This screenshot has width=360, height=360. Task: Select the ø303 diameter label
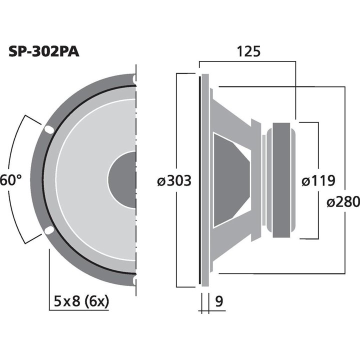click(x=174, y=180)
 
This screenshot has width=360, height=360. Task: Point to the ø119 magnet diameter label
click(x=318, y=180)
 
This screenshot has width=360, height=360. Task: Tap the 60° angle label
click(x=10, y=179)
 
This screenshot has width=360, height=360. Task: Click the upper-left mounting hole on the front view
click(x=49, y=129)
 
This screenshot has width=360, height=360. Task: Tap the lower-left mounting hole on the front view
click(x=49, y=230)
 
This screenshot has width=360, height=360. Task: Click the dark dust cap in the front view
click(x=123, y=180)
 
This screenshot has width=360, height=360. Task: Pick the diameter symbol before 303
click(x=161, y=181)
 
